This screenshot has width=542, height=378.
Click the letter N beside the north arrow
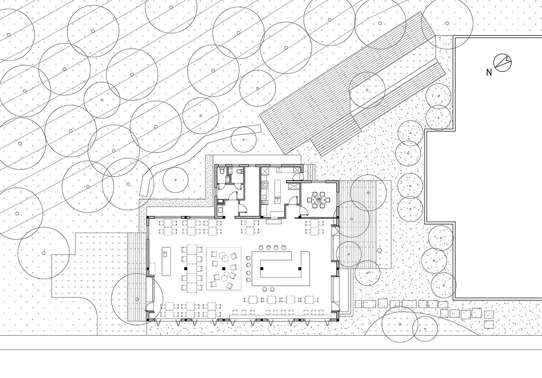pyautogui.click(x=489, y=73)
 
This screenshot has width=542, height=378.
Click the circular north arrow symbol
pyautogui.click(x=502, y=62)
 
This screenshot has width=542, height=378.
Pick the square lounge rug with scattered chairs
pyautogui.click(x=224, y=269)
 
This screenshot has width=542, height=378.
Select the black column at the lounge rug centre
pyautogui.click(x=224, y=269)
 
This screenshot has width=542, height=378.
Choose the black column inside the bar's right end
pyautogui.click(x=299, y=269)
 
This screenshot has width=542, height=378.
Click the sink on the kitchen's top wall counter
pyautogui.click(x=279, y=170)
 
